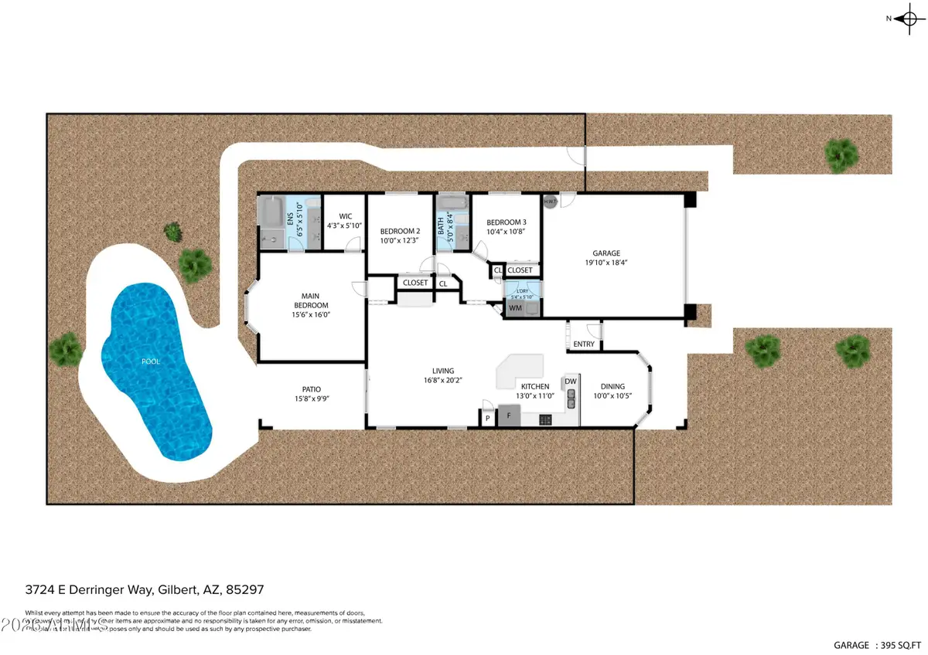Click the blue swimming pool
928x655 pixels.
pos(155,363)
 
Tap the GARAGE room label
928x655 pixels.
pos(607,253)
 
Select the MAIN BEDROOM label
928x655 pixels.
pos(310,300)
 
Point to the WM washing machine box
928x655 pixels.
pos(515,308)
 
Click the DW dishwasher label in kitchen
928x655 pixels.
pos(571,381)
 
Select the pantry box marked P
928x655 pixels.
pos(487,418)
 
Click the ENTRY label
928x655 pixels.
pos(584,344)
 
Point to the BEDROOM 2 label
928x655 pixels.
pos(400,231)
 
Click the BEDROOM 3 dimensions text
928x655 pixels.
pos(506,232)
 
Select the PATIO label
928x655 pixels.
pos(311,389)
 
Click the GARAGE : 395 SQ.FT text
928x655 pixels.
pos(877,644)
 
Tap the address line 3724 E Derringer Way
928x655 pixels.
pos(145,589)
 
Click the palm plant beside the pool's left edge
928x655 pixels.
pos(66,348)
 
